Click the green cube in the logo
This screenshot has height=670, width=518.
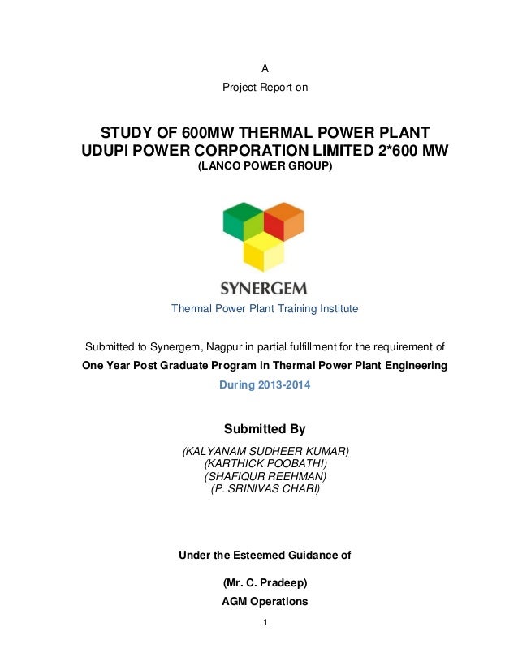[x=242, y=220]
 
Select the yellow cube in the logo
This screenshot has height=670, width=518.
[x=264, y=253]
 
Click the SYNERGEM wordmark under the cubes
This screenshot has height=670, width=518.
[x=264, y=288]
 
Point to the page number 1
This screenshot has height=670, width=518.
[x=265, y=624]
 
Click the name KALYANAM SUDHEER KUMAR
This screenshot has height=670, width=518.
[x=265, y=451]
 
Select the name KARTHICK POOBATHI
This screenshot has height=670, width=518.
[x=265, y=463]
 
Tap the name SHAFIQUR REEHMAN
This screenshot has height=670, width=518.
[x=265, y=476]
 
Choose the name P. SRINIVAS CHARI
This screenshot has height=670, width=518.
[x=265, y=489]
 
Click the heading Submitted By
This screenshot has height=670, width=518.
[x=264, y=428]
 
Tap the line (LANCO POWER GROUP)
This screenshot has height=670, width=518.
[x=265, y=167]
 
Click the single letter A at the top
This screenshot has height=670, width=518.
[x=265, y=70]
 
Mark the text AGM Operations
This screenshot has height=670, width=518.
[x=265, y=602]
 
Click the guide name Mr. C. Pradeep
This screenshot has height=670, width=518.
[x=265, y=582]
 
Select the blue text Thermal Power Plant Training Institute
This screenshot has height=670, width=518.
[x=264, y=309]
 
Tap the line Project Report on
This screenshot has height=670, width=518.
[x=265, y=87]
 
